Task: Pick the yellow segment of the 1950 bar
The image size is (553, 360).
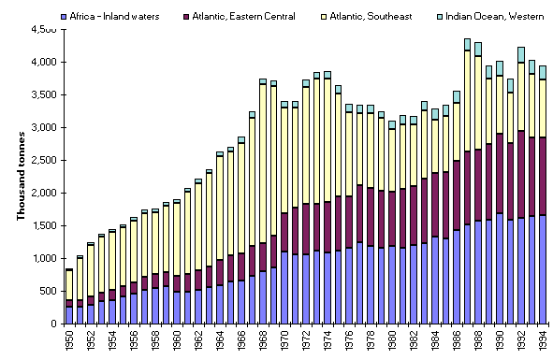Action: (x=69, y=284)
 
